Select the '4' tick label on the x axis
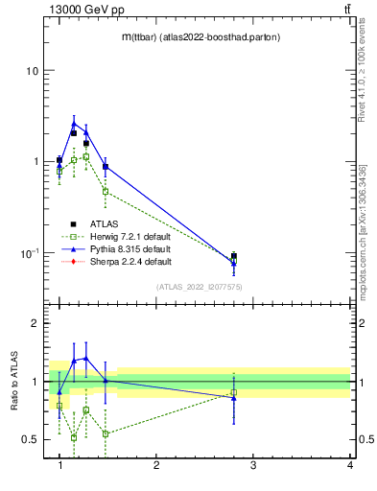tap(350, 466)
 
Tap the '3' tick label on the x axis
tap(253, 466)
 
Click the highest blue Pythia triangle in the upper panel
tap(74, 123)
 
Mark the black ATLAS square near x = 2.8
tap(234, 256)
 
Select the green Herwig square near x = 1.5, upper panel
tap(106, 192)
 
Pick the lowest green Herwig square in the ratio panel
tap(74, 437)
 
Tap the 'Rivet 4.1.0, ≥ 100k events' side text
tap(363, 72)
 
